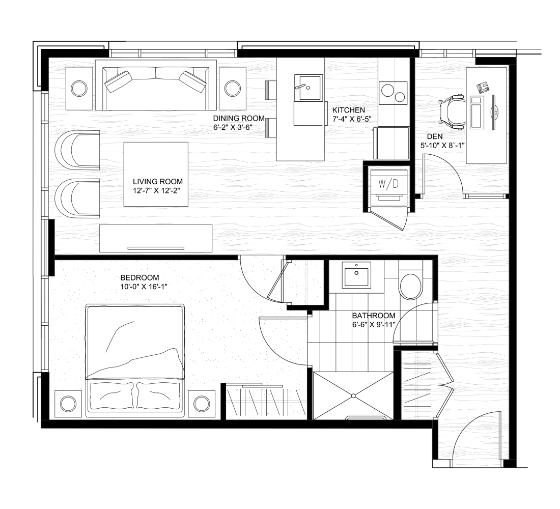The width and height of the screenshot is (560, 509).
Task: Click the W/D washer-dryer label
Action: [388, 184]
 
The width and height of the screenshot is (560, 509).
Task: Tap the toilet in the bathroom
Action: [411, 281]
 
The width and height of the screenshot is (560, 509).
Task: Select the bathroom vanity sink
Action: [356, 274]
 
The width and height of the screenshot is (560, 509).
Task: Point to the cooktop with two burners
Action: [393, 93]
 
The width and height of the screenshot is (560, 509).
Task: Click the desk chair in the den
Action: [453, 111]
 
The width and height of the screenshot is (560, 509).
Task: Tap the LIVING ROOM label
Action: [158, 181]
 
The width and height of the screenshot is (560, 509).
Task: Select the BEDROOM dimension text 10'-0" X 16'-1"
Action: [144, 287]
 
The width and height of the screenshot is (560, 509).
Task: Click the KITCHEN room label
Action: [349, 110]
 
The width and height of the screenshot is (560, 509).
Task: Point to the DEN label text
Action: [435, 136]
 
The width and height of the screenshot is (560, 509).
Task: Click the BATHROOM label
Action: [374, 316]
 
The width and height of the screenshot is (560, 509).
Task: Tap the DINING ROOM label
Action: [239, 118]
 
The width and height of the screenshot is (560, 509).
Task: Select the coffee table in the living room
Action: [156, 174]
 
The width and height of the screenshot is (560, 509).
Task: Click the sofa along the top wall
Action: [156, 85]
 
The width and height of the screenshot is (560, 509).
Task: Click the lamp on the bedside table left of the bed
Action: [68, 404]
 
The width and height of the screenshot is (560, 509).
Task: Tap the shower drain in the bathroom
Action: [353, 396]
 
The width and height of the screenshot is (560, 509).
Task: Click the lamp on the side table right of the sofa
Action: [233, 88]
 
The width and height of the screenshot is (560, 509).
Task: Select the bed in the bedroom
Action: [135, 361]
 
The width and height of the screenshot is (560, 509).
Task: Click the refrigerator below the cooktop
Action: [391, 143]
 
